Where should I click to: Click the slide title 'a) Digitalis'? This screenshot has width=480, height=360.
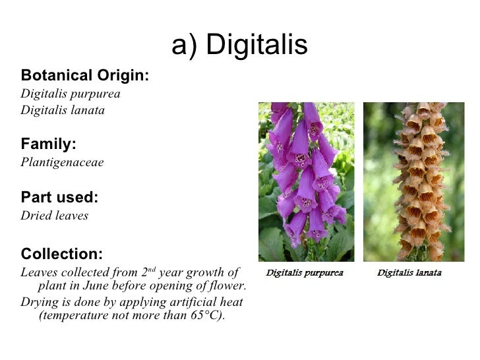click(x=239, y=45)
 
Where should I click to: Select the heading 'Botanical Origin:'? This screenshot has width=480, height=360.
click(x=85, y=75)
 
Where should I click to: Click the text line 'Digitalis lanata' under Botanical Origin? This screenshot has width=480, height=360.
click(x=63, y=110)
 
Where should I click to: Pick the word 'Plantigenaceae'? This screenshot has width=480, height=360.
click(x=62, y=162)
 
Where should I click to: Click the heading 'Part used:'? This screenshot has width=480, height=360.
click(x=60, y=197)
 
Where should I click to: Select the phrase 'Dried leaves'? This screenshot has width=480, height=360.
click(x=54, y=216)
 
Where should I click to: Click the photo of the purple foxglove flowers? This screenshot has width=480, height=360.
click(x=306, y=181)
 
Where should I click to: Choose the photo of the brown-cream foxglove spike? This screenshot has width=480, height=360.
click(x=414, y=181)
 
